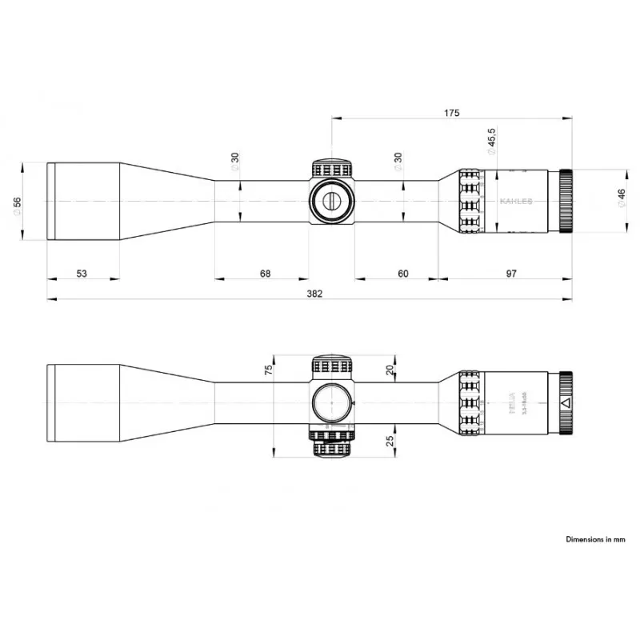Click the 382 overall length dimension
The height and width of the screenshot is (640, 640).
click(x=314, y=294)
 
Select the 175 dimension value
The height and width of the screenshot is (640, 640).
click(x=451, y=113)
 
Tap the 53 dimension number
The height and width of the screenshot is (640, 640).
click(x=82, y=274)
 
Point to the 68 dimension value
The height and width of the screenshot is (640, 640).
click(x=266, y=274)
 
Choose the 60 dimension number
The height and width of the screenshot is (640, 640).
click(x=402, y=274)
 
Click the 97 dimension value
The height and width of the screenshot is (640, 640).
click(x=511, y=274)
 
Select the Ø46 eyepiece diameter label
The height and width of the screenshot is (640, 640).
click(x=622, y=200)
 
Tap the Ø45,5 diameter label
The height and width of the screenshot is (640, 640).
click(x=490, y=141)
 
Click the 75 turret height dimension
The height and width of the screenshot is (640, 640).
click(x=269, y=369)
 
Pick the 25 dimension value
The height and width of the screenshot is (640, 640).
click(x=390, y=441)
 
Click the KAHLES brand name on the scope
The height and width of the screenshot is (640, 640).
click(x=516, y=202)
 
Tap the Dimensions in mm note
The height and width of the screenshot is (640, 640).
click(x=595, y=540)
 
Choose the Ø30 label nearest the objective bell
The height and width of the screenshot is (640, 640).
click(x=235, y=162)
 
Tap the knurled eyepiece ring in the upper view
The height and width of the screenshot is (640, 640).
click(x=566, y=200)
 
